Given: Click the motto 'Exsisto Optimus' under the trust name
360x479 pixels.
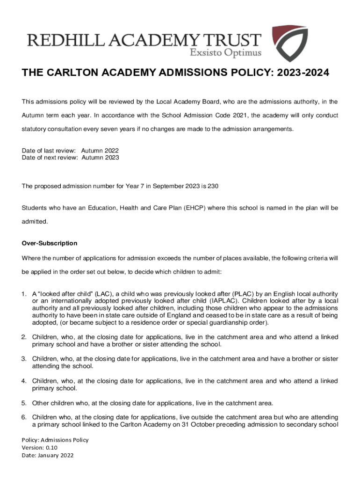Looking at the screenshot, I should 225,52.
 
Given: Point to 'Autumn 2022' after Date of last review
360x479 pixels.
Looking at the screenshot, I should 100,151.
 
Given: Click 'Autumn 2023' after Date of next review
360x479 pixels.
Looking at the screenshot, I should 100,158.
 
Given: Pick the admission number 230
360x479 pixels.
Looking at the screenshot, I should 213,186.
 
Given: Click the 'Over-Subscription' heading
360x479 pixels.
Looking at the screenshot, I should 49,244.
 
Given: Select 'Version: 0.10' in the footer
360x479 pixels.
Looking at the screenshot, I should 40,448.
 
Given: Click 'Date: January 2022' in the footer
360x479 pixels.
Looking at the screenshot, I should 48,455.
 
